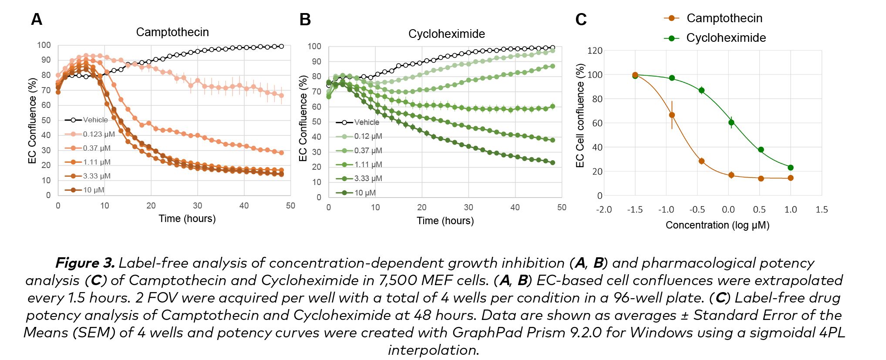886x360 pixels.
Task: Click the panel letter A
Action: pyautogui.click(x=37, y=20)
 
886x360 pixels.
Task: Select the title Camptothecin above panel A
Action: pyautogui.click(x=172, y=32)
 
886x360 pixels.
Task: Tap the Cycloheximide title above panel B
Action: pyautogui.click(x=446, y=34)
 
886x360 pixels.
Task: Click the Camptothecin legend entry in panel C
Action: pyautogui.click(x=724, y=18)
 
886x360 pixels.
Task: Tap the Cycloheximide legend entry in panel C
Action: pyautogui.click(x=726, y=38)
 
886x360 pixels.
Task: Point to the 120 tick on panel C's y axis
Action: pyautogui.click(x=595, y=51)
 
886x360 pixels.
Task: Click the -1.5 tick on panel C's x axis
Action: pyautogui.click(x=635, y=210)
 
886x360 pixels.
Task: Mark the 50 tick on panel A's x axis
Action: pyautogui.click(x=290, y=206)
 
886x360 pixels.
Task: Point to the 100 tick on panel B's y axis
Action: pyautogui.click(x=314, y=47)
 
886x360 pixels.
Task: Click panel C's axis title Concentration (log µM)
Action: pyautogui.click(x=717, y=225)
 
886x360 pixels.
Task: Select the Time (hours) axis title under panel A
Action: pyautogui.click(x=187, y=219)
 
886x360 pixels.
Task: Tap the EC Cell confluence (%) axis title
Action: pyautogui.click(x=580, y=116)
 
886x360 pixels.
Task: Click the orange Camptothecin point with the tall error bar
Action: pyautogui.click(x=672, y=115)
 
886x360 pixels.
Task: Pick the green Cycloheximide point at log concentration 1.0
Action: pyautogui.click(x=791, y=168)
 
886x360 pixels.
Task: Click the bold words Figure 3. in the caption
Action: pyautogui.click(x=85, y=263)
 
